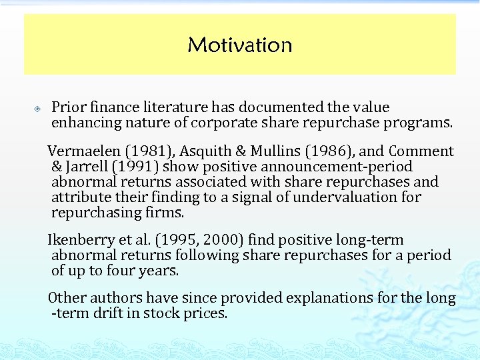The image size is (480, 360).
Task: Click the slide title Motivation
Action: (240, 45)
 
